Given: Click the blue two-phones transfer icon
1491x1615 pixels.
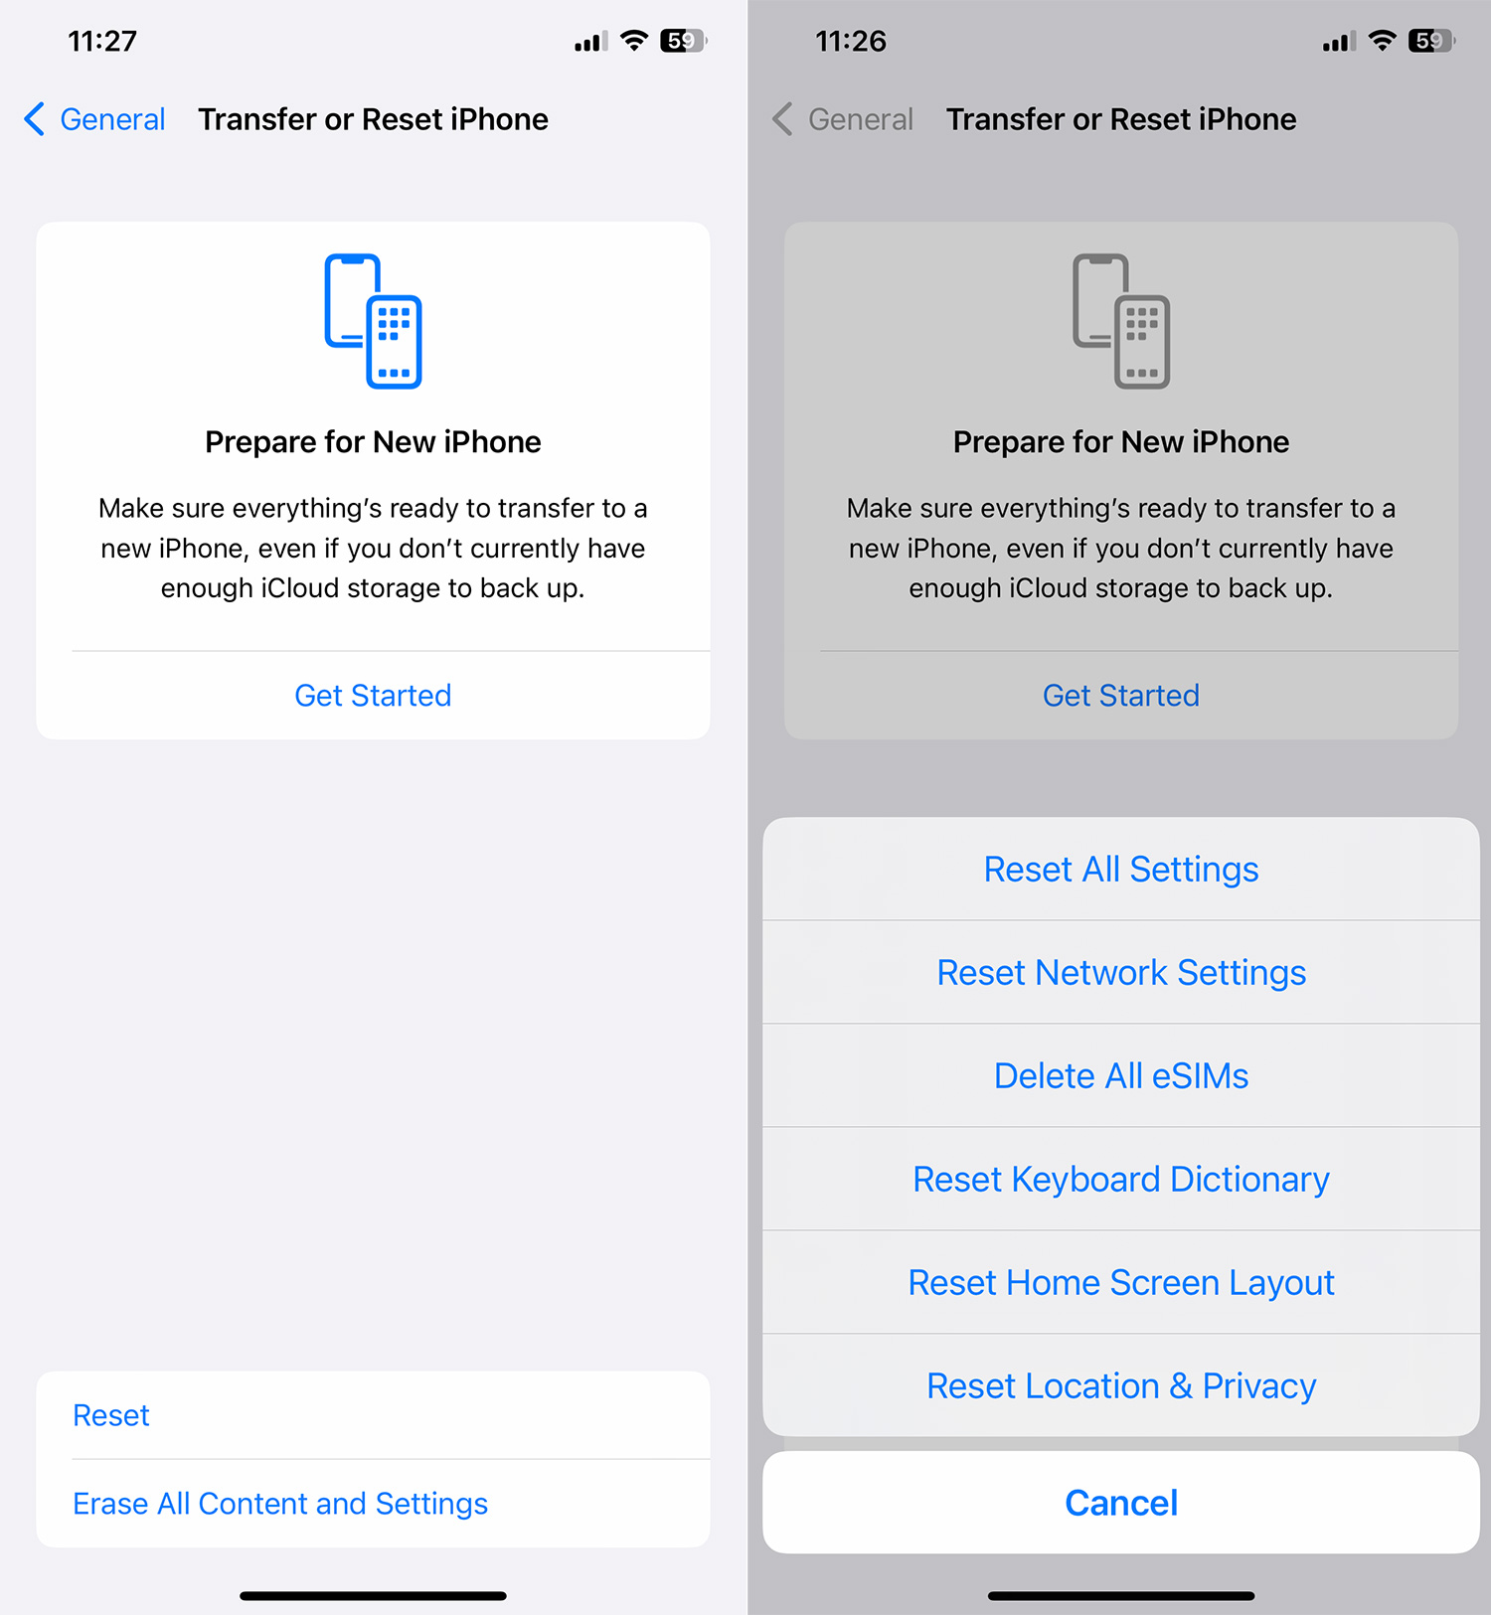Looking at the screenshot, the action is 373,321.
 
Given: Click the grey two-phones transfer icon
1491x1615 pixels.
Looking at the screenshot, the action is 1121,321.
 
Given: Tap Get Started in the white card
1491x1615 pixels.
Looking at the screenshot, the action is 373,696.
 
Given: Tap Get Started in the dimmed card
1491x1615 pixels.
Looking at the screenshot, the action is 1121,696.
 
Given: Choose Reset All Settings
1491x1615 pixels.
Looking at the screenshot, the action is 1121,870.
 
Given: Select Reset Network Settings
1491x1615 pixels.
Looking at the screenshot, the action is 1121,973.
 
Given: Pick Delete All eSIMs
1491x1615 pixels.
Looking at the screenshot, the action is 1121,1076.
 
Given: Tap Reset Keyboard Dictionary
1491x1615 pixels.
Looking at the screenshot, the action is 1121,1180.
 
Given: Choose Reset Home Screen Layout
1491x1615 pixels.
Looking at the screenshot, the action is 1121,1283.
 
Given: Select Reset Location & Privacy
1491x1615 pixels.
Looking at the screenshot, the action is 1121,1386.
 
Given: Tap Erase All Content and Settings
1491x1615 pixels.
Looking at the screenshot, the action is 280,1504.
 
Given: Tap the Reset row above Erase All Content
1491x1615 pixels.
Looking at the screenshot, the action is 111,1415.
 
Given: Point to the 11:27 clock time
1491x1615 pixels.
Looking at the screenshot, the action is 102,41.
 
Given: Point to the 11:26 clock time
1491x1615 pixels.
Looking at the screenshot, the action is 851,41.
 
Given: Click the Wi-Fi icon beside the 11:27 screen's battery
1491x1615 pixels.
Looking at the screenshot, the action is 634,41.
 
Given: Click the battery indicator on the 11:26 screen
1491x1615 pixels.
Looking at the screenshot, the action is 1431,41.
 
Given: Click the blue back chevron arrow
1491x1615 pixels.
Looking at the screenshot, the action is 35,119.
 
